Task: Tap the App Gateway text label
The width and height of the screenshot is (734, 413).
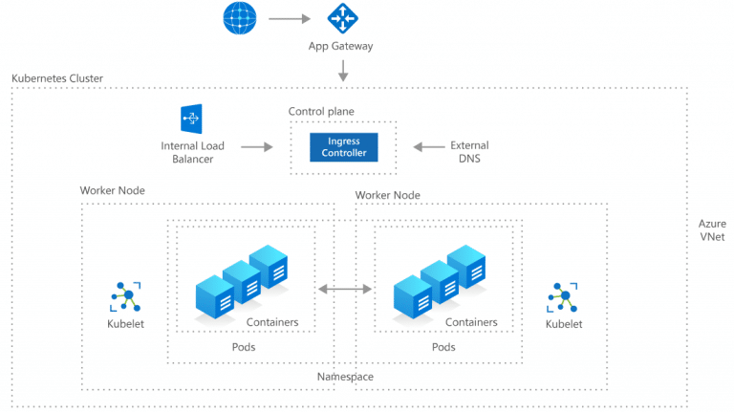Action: pyautogui.click(x=340, y=46)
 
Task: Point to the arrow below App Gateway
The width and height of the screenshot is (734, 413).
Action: pyautogui.click(x=341, y=70)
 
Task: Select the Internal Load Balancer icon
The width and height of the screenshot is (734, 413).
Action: pyautogui.click(x=192, y=119)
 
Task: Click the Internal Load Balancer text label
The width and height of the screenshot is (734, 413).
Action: pyautogui.click(x=192, y=152)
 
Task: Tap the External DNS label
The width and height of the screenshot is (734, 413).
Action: pyautogui.click(x=468, y=152)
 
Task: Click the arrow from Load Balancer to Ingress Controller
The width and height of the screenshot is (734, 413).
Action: pyautogui.click(x=257, y=147)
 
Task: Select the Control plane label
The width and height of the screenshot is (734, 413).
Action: pyautogui.click(x=321, y=112)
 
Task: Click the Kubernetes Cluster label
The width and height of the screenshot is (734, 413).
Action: pyautogui.click(x=57, y=77)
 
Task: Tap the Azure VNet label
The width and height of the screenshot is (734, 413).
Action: pyautogui.click(x=712, y=229)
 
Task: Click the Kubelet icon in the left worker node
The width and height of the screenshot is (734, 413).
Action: pyautogui.click(x=125, y=296)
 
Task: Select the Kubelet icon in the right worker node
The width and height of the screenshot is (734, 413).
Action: pyautogui.click(x=562, y=296)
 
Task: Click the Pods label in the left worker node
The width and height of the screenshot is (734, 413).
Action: pyautogui.click(x=245, y=346)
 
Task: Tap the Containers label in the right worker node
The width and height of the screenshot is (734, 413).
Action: pyautogui.click(x=471, y=322)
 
